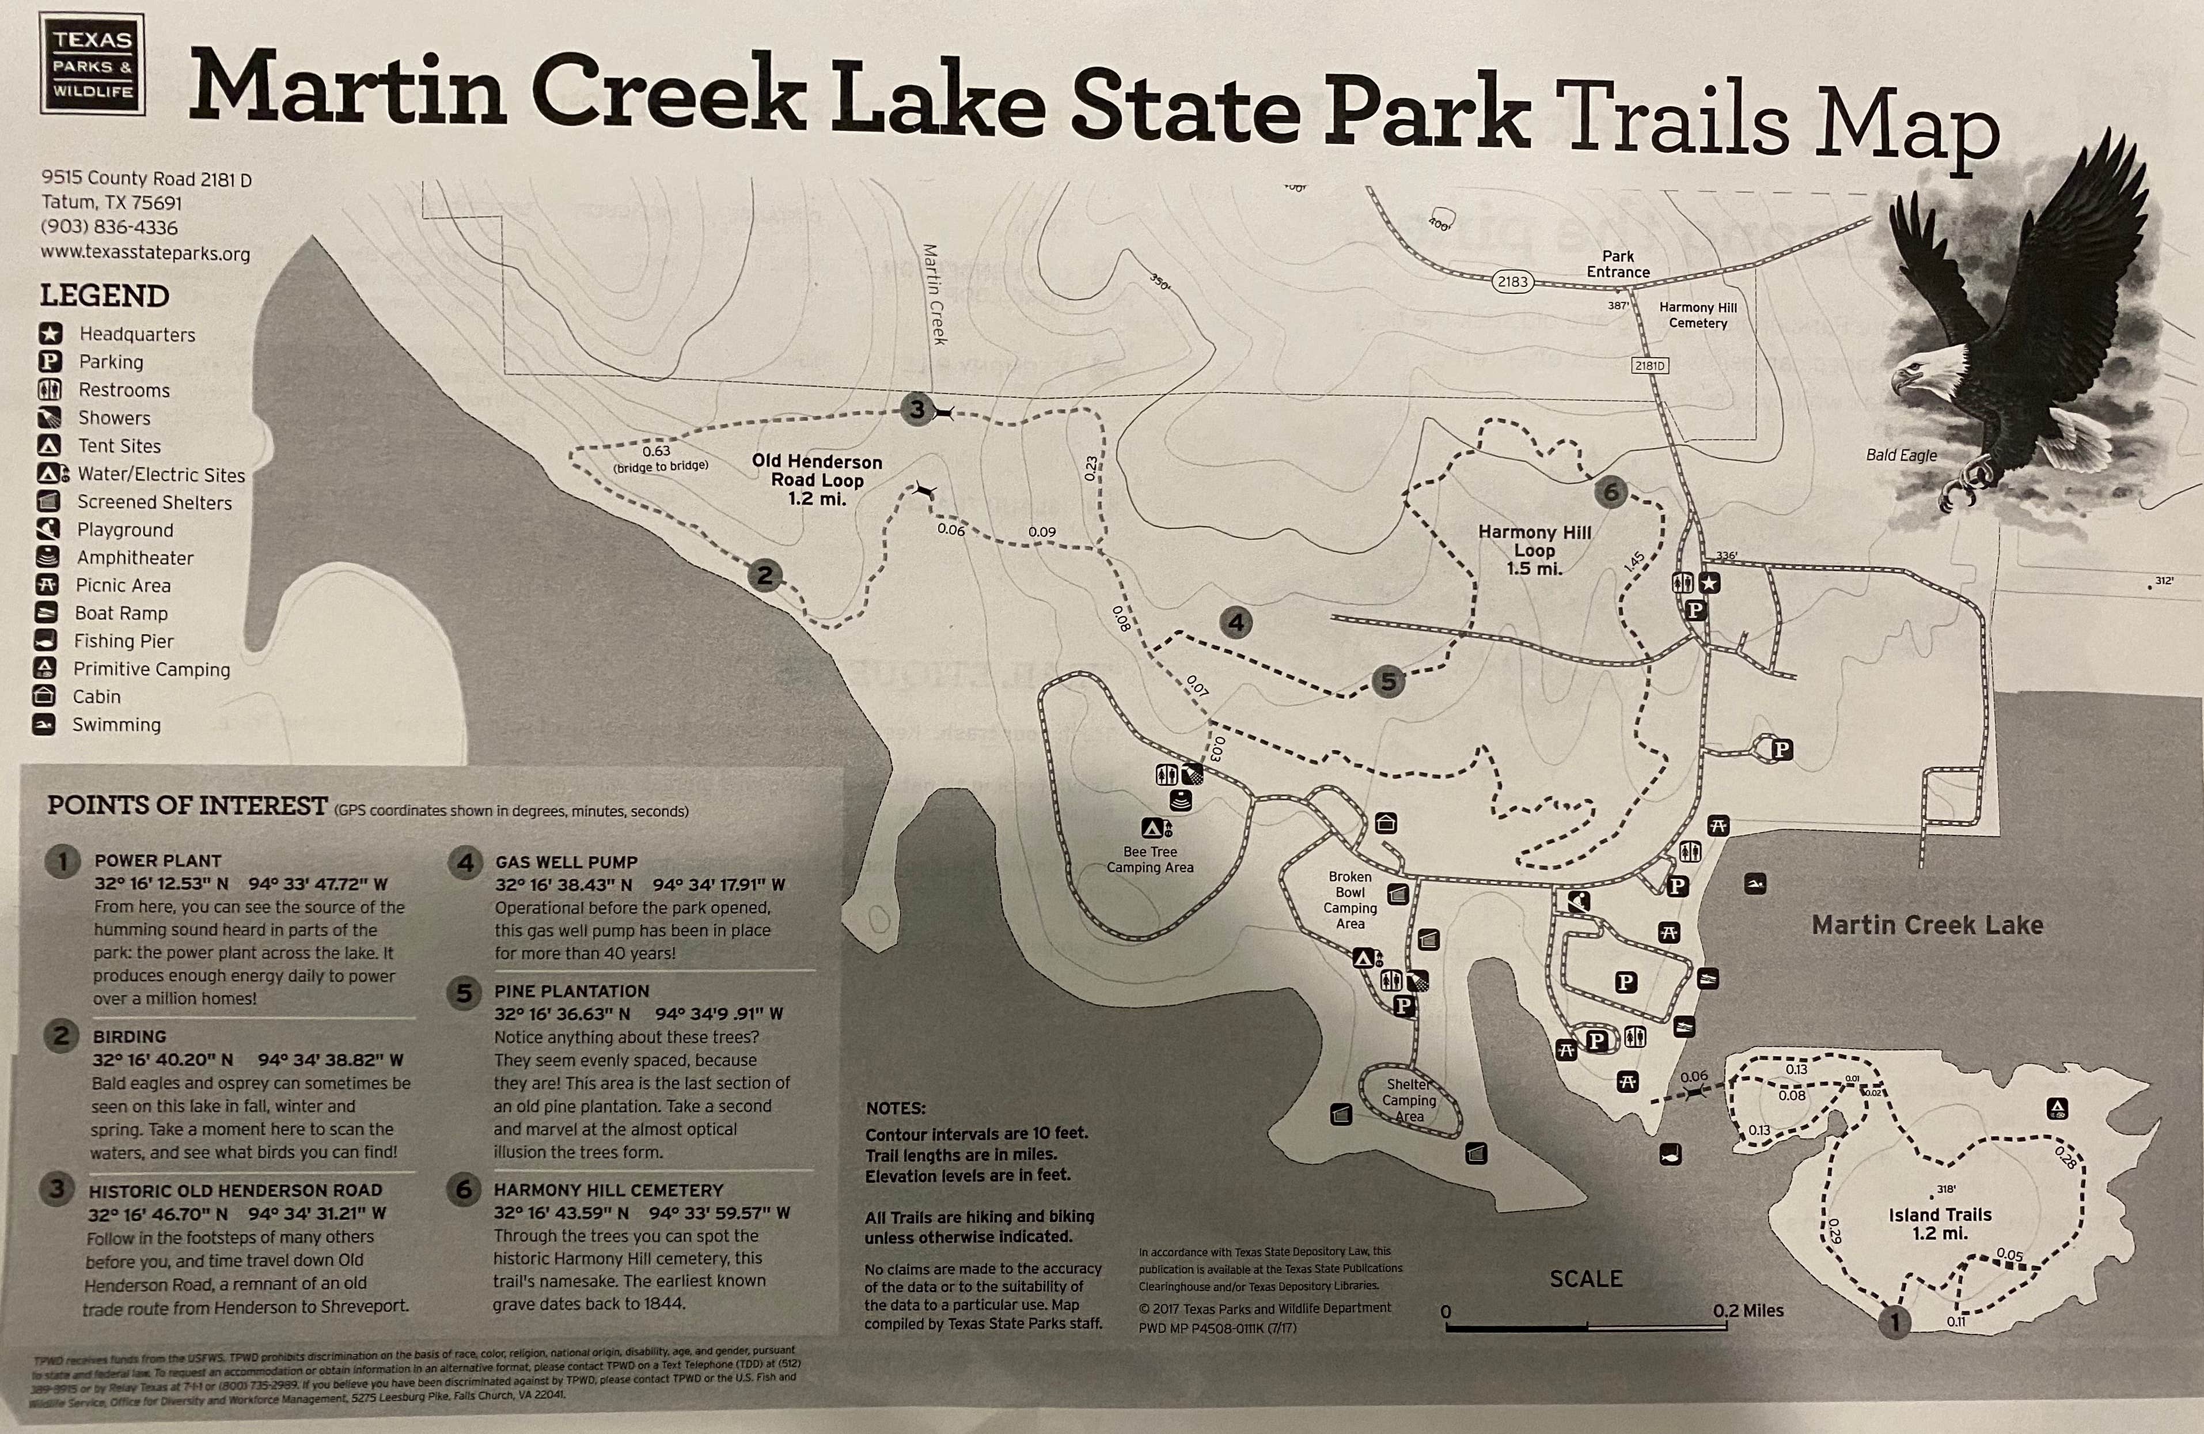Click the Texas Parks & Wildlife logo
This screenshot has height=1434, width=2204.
click(x=92, y=64)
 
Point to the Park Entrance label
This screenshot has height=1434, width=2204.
click(x=1618, y=264)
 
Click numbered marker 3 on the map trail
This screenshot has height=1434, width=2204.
click(x=916, y=410)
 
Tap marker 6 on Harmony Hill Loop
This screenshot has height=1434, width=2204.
click(x=1610, y=492)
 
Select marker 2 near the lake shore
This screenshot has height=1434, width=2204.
click(x=764, y=575)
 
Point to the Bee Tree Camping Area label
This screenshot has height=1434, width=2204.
click(x=1150, y=859)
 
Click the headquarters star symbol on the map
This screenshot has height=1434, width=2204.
click(x=1709, y=582)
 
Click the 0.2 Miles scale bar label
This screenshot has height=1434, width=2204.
click(x=1747, y=1311)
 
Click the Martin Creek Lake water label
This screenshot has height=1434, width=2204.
click(x=1926, y=925)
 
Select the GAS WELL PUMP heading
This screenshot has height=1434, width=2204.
click(x=566, y=861)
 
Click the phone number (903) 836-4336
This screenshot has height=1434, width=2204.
click(x=109, y=227)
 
